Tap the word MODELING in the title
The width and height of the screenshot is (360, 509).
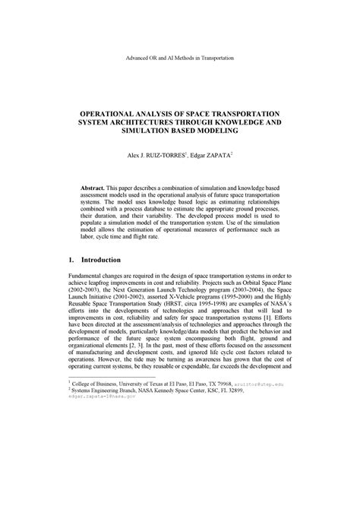(216, 131)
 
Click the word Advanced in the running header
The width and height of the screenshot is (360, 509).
(141, 58)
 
